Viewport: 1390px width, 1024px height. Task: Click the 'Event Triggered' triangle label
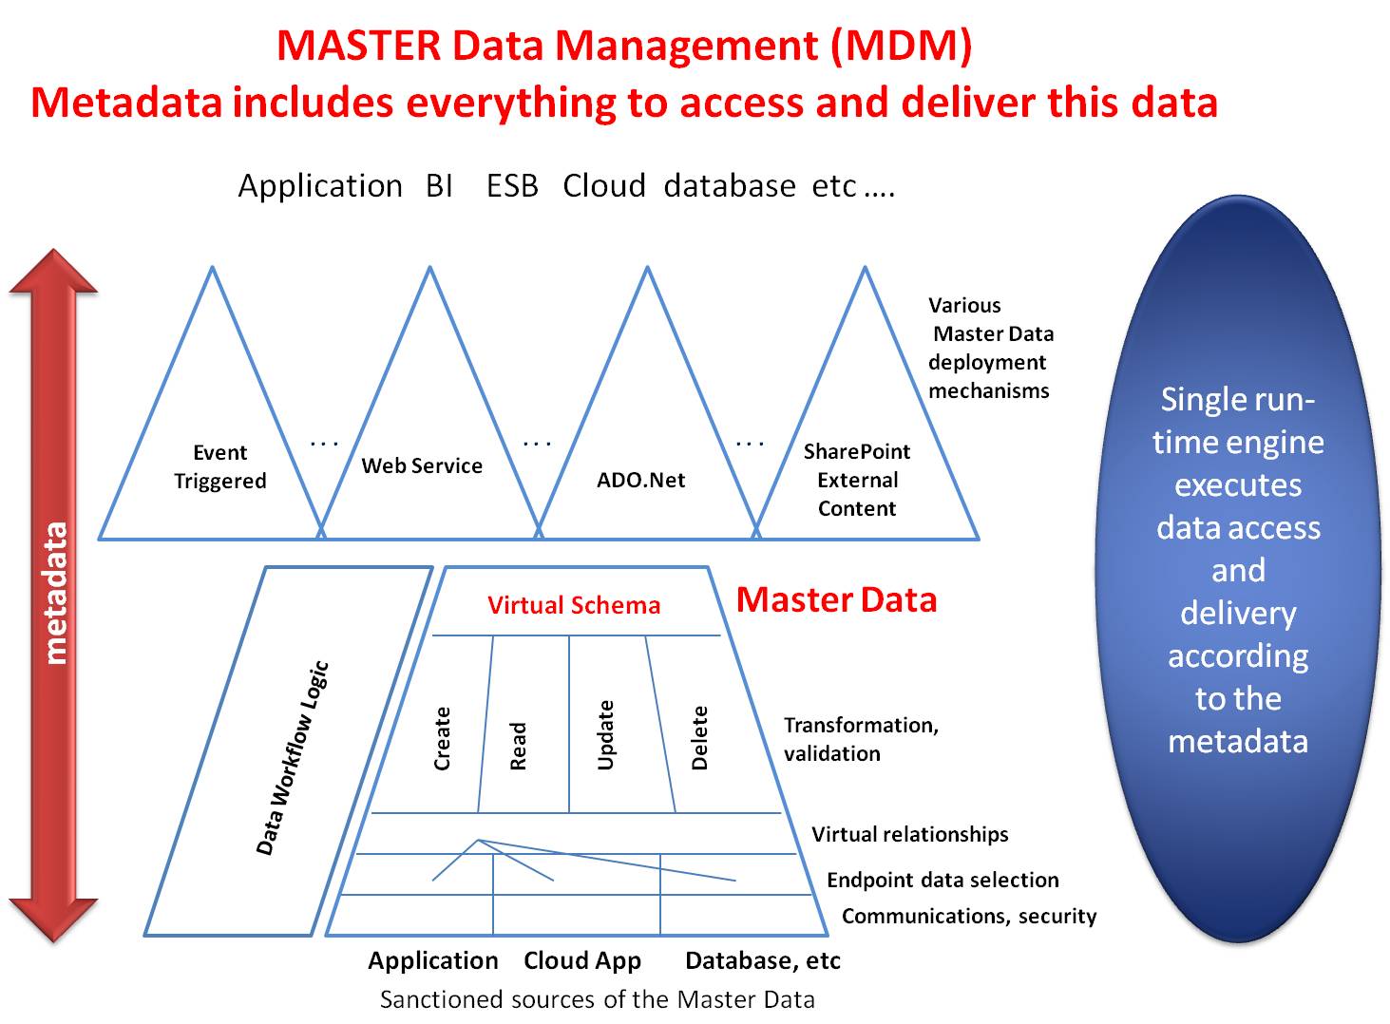point(219,466)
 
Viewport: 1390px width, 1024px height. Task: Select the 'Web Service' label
point(422,465)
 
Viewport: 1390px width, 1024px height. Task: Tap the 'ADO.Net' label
point(640,480)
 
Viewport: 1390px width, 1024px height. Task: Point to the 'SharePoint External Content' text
point(857,480)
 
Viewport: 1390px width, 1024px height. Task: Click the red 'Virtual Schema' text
point(573,605)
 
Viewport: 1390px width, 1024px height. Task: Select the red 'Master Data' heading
point(836,599)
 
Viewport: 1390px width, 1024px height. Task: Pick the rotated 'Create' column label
point(442,738)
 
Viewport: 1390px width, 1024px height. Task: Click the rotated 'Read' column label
point(518,746)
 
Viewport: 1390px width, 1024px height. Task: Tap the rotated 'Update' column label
point(605,734)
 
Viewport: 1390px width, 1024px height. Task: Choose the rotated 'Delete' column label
point(699,737)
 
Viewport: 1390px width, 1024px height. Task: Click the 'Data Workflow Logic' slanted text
point(293,757)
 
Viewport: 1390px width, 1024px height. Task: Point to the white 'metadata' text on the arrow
point(56,593)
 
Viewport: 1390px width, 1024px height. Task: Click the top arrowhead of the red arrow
point(54,271)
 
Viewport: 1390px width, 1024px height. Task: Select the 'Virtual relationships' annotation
point(909,834)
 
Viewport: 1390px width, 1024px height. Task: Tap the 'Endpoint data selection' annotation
point(943,880)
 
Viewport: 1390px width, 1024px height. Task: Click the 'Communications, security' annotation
point(968,916)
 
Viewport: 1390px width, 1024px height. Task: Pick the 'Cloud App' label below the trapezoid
point(582,960)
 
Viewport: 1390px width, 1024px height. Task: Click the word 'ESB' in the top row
point(512,185)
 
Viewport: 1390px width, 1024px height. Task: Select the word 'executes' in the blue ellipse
point(1237,484)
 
